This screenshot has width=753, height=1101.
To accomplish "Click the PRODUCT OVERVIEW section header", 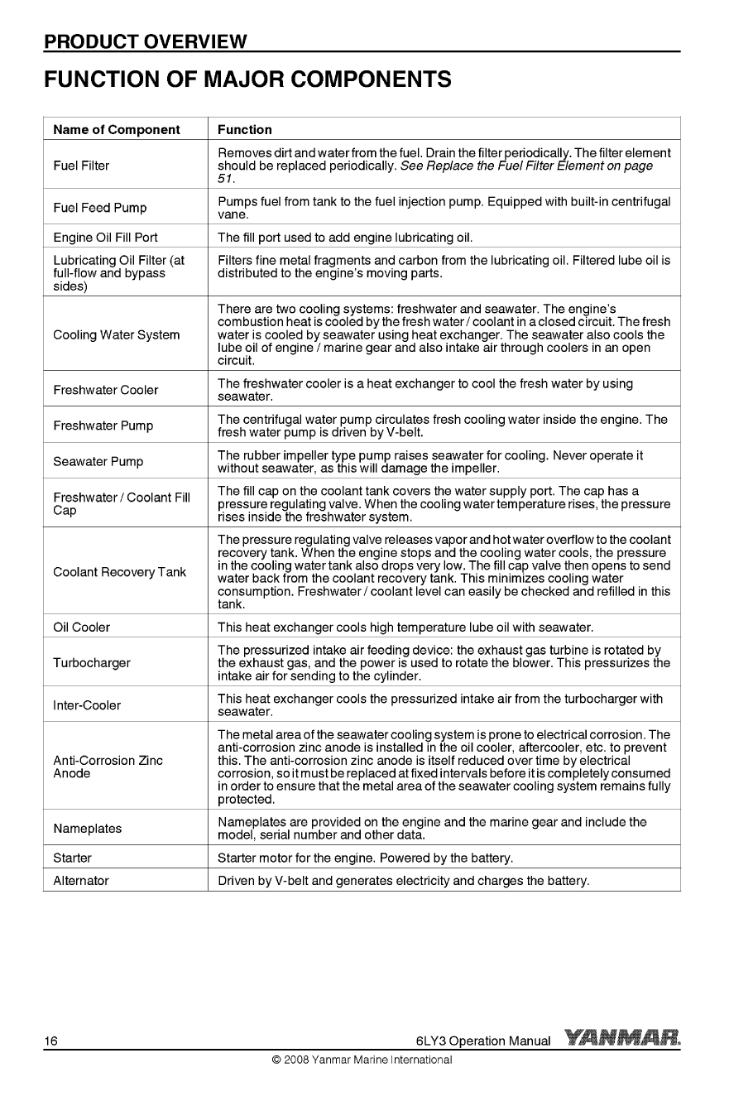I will point(146,41).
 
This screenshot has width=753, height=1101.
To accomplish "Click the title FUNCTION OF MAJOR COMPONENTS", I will point(247,79).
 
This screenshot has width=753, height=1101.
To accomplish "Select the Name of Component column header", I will point(116,129).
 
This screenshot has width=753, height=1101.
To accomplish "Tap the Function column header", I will point(244,129).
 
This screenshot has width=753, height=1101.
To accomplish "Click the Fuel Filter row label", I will point(81,166).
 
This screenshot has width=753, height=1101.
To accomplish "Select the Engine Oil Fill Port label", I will point(105,238).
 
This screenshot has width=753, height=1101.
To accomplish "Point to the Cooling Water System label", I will point(116,335).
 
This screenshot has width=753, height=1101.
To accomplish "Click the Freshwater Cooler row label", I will point(105,390).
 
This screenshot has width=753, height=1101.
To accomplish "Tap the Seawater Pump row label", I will point(98,462).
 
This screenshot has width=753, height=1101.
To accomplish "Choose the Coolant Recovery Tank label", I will point(119,572).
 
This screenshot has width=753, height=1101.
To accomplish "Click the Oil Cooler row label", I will point(81,627).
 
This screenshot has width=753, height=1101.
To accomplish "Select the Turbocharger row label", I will point(91,663).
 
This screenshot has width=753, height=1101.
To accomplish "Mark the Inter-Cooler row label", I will point(87,705).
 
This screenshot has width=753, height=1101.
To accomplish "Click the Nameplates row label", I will point(87,829).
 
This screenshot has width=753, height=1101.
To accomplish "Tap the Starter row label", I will point(72,858).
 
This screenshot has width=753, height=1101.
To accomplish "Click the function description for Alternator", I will point(403,881).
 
